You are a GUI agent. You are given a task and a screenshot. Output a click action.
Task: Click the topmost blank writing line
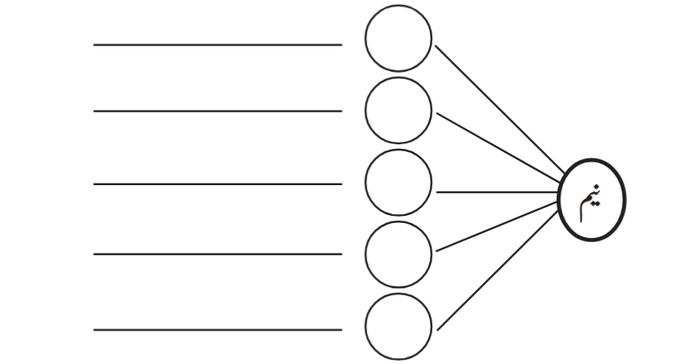(x=218, y=45)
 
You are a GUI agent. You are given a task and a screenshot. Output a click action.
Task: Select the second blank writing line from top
(x=218, y=111)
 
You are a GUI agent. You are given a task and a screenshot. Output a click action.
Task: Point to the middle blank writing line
(x=218, y=184)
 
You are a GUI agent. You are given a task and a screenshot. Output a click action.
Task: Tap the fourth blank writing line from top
(x=218, y=254)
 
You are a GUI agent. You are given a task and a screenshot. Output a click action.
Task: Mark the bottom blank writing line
(x=218, y=329)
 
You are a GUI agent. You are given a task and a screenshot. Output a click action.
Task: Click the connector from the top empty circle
(x=500, y=110)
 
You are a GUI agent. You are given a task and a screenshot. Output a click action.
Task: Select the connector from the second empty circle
(x=498, y=147)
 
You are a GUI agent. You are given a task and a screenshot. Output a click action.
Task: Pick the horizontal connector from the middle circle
(x=497, y=192)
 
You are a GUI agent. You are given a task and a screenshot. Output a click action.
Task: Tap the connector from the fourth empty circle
(x=497, y=226)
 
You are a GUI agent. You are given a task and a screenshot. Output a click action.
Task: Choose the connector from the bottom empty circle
(x=498, y=271)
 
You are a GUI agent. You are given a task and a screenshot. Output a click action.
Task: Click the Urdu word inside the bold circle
(x=591, y=202)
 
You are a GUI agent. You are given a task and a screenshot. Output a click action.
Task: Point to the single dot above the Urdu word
(x=597, y=187)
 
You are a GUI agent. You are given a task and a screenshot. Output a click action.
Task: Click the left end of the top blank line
(x=94, y=45)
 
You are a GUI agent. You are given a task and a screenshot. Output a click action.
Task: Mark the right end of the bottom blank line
(x=341, y=329)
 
